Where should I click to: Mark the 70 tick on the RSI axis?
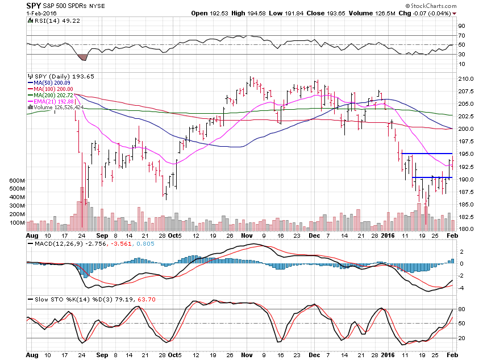pos(462,35)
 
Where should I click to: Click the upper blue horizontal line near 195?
pos(426,154)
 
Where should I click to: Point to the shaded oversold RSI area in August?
pos(82,57)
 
